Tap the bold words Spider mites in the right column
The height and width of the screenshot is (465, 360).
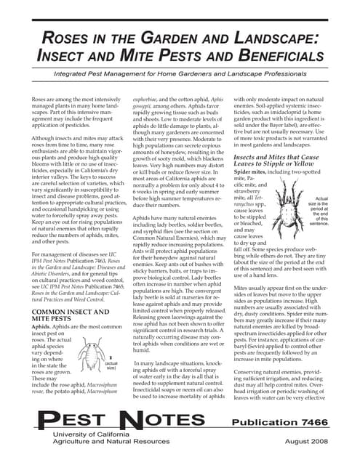pos(258,171)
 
